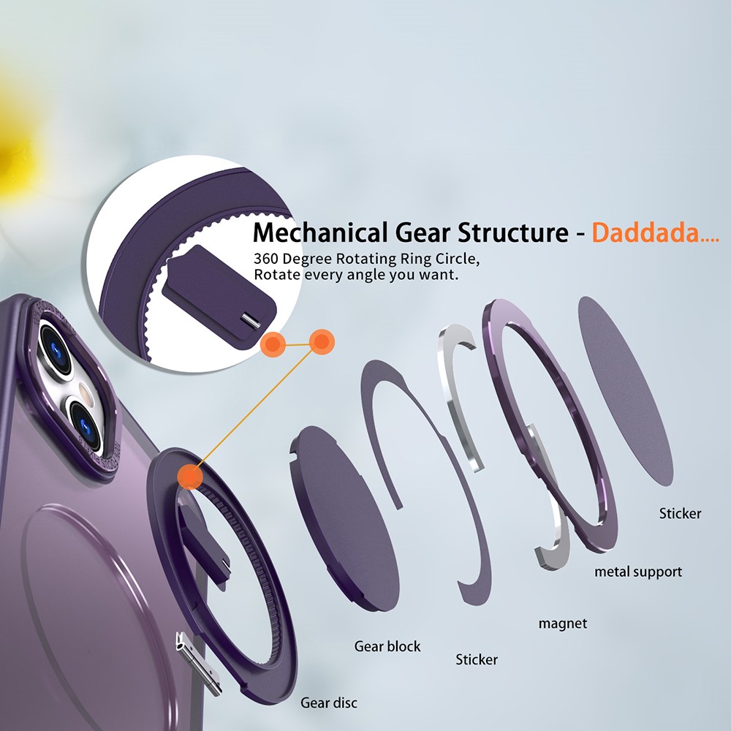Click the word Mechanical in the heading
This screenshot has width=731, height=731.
pos(320,232)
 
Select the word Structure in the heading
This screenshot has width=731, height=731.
pos(513,232)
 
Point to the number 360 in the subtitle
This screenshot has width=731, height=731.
pos(266,259)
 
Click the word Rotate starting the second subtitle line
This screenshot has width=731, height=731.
pos(277,275)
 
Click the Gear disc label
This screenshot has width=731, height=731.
pos(329,702)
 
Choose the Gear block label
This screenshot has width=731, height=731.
pos(387,646)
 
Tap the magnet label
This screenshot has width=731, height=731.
pos(563,624)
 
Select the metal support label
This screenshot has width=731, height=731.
pos(638,572)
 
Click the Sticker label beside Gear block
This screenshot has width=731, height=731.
pos(477,659)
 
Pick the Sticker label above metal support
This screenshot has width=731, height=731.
pos(680,514)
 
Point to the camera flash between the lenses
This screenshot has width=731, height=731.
pos(86,390)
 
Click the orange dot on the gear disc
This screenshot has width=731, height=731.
pos(190,476)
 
